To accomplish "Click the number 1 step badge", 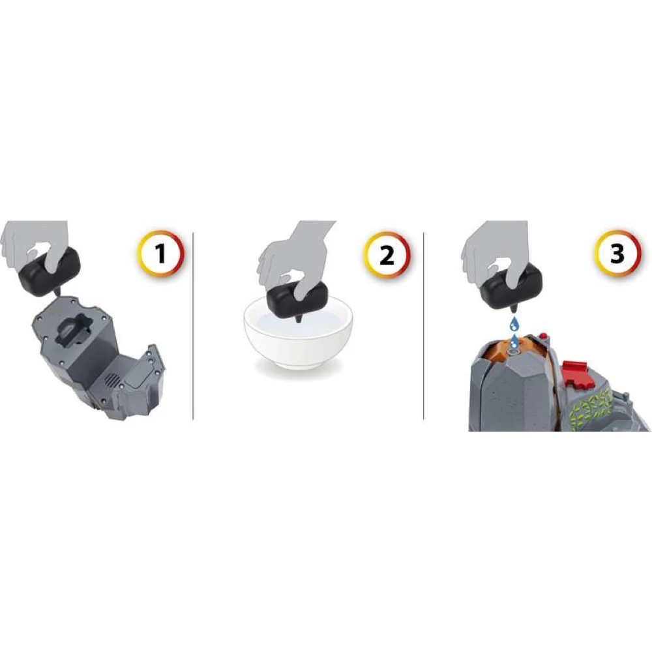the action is point(160,253).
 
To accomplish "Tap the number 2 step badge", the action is point(387,254).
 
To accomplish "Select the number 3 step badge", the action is point(617,252).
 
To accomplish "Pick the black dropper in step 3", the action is point(511,286).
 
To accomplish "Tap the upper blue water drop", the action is point(516,323).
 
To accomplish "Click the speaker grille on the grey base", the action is point(111,379).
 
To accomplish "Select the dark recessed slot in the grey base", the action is point(73,331).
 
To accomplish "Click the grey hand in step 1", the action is point(35,245).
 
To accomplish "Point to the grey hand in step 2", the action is point(297,258).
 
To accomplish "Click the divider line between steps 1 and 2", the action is point(194,326).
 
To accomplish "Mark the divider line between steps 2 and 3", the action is point(424,326).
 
